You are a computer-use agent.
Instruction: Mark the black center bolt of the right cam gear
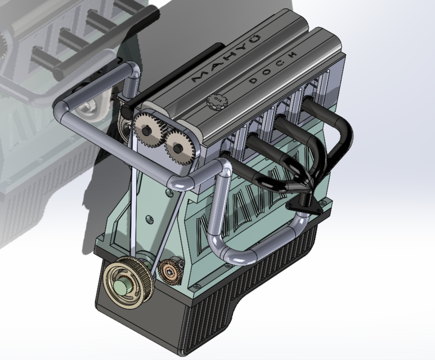[x=179, y=148]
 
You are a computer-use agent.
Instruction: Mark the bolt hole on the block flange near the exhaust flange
[x=324, y=200]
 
